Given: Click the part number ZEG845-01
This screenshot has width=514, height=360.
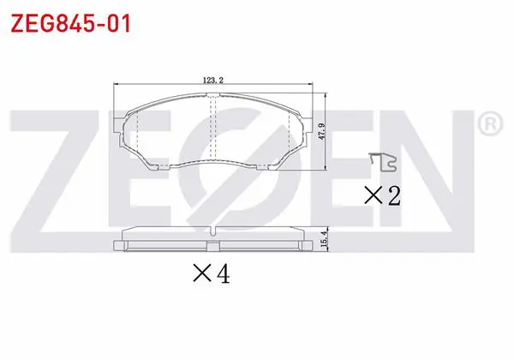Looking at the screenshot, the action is coord(71,23).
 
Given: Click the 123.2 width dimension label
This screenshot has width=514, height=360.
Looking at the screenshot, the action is coord(213,80).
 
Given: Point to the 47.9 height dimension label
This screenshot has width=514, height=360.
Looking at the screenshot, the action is coord(322,131).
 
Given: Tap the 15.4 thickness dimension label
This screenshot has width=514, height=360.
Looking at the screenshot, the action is coord(324,239).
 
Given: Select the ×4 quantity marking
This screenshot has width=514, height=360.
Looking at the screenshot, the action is coord(212,273).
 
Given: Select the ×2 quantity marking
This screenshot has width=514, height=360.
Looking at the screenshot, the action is coord(383,195).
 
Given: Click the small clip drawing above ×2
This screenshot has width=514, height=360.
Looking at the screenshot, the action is coord(383,162).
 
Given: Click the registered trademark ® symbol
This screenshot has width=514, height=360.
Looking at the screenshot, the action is coord(490,123).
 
